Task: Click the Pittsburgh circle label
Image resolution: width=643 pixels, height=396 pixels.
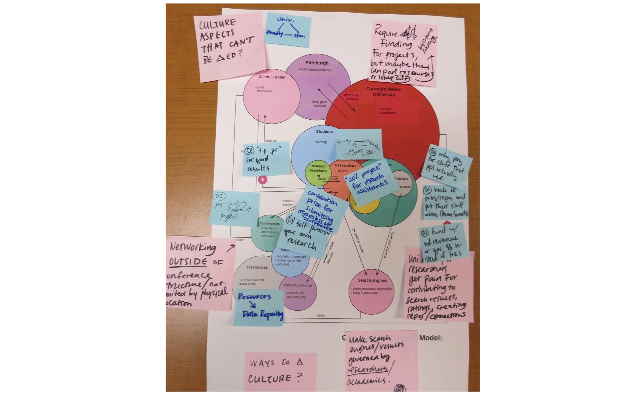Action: [x=317, y=63]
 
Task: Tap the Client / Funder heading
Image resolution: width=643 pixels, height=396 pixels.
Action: [x=272, y=77]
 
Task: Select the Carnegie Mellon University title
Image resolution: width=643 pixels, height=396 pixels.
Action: [x=384, y=92]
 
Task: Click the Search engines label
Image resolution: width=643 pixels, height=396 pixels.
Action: [x=372, y=280]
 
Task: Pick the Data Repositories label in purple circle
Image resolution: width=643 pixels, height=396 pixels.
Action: [x=298, y=285]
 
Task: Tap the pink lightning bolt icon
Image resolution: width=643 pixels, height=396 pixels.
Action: [x=263, y=180]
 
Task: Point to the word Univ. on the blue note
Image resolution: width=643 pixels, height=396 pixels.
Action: [x=286, y=20]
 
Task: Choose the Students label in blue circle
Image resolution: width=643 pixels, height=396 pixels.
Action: [x=324, y=131]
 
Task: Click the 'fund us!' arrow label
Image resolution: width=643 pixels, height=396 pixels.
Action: [x=271, y=141]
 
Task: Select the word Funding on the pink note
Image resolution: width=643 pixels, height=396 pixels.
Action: [x=396, y=44]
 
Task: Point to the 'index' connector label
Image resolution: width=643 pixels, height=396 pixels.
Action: [x=321, y=315]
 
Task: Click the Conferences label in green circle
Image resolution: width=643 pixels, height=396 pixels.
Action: [x=270, y=223]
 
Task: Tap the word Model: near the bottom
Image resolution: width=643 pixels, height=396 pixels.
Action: [x=430, y=338]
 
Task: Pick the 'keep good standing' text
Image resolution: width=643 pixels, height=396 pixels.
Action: [x=319, y=104]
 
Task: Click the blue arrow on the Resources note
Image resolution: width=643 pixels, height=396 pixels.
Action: [x=253, y=304]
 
